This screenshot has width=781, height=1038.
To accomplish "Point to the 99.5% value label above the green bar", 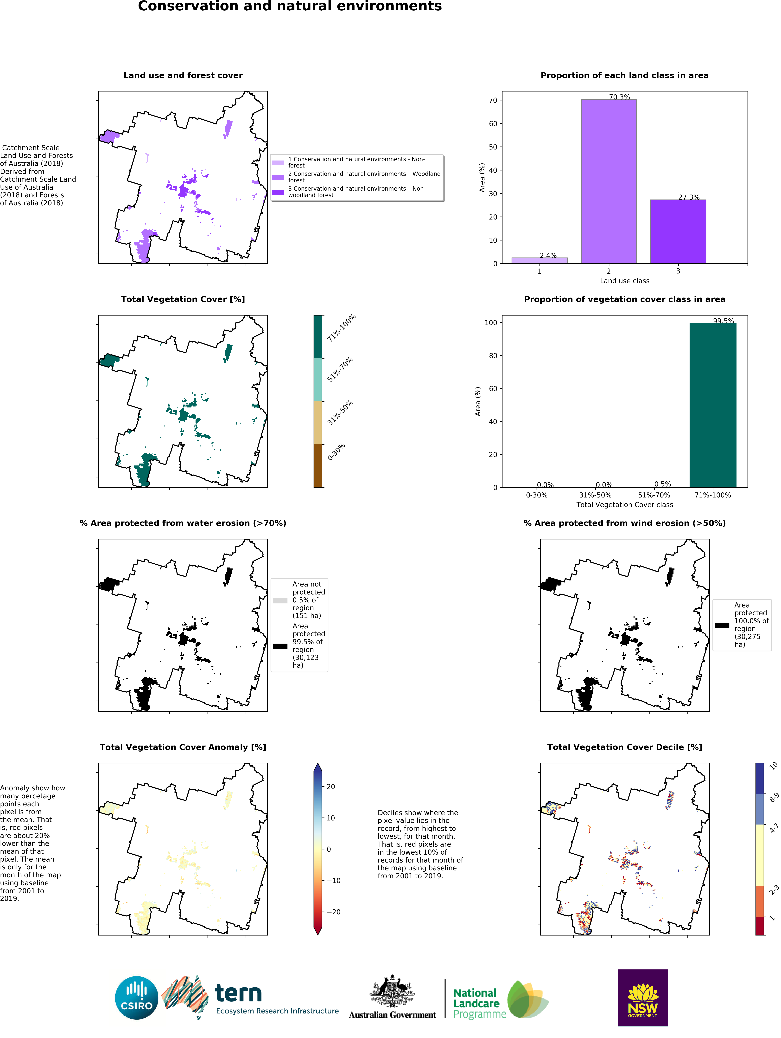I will (x=723, y=321).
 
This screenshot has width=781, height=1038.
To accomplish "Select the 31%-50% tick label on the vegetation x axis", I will (x=595, y=495).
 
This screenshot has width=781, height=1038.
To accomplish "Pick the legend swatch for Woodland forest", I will (x=278, y=177).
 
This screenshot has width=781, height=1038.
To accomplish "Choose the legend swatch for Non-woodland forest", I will (x=278, y=192).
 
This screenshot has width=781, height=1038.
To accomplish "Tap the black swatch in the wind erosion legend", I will (x=722, y=625).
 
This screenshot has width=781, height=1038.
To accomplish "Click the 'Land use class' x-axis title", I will (x=624, y=281).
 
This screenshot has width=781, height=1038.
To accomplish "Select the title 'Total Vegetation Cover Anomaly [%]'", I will (x=183, y=747).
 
